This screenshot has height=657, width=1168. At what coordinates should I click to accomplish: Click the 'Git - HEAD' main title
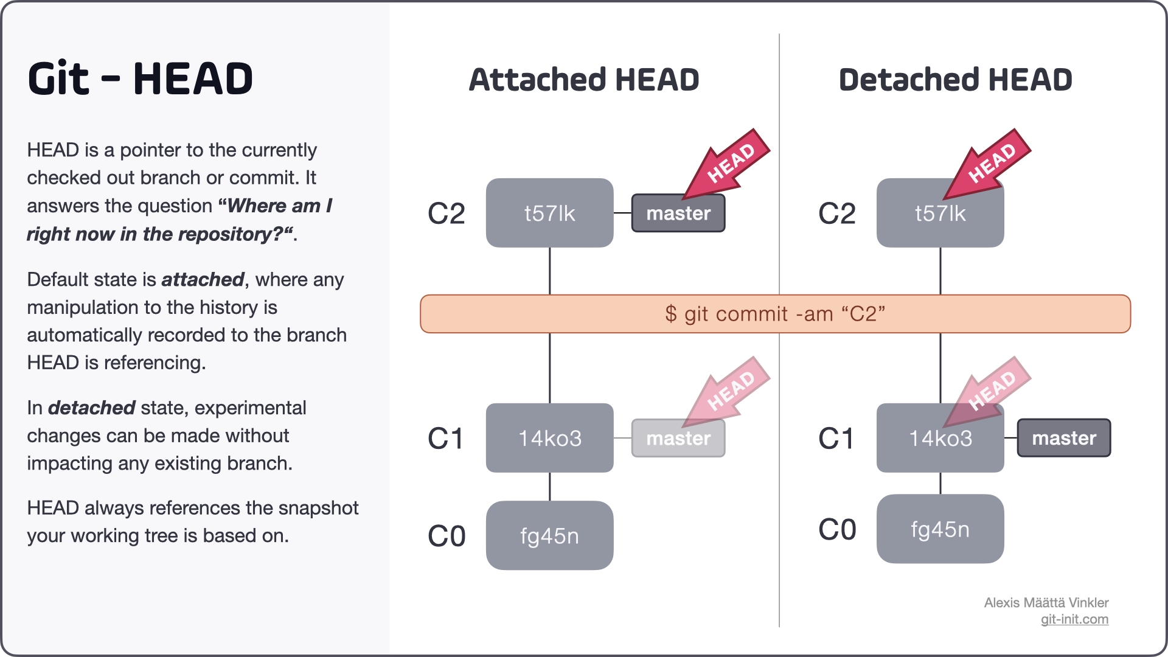[x=140, y=79]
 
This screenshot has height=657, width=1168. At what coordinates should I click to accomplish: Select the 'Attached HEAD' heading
[x=584, y=80]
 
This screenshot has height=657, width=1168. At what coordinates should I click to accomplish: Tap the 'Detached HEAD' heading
[x=955, y=80]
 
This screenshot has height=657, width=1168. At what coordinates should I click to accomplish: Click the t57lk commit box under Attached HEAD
[x=549, y=213]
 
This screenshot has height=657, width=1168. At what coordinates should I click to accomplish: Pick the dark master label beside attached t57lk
[x=678, y=214]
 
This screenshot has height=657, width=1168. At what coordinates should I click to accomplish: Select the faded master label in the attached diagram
[x=678, y=439]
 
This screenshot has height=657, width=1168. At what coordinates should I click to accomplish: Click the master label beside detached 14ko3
[x=1063, y=438]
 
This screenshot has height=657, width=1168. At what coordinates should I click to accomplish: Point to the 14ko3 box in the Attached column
[x=549, y=438]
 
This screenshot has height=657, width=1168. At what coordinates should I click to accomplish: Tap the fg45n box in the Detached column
[x=940, y=529]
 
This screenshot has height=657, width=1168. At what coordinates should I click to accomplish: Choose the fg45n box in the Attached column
[x=549, y=536]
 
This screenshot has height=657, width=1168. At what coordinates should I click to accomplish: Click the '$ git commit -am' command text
[x=775, y=314]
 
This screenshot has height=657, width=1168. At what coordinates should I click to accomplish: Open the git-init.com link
[x=1074, y=619]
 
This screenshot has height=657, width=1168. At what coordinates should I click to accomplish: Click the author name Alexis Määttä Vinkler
[x=1046, y=603]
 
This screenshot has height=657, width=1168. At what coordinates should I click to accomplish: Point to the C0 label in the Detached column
[x=837, y=529]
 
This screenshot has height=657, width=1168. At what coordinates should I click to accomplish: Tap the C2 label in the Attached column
[x=447, y=214]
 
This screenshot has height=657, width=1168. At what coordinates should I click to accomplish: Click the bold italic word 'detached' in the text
[x=91, y=408]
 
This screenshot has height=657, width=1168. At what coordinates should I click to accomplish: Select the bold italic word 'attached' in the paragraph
[x=203, y=280]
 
